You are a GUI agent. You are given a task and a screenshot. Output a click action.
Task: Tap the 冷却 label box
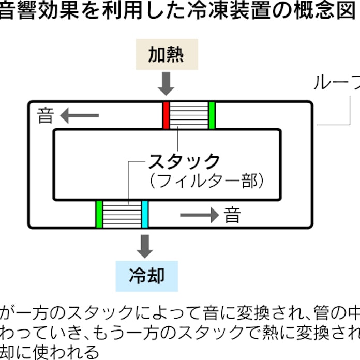point(146,275)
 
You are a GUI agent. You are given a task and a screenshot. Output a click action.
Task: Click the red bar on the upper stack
point(166,115)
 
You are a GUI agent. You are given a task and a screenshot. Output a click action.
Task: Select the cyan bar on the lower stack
point(145,214)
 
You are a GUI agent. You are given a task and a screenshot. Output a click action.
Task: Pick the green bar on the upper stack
point(212,115)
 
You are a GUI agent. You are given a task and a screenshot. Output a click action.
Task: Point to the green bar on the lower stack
point(99,214)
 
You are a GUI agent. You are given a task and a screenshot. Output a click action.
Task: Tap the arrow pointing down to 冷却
point(146,246)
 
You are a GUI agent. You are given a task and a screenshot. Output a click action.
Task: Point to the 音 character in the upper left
point(46,115)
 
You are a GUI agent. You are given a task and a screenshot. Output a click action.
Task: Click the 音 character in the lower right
point(232,215)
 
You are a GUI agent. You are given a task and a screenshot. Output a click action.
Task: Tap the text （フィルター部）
point(205,181)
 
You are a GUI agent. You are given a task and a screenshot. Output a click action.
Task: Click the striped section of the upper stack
point(189,115)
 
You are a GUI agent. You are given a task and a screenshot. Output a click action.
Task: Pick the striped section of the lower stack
point(122,214)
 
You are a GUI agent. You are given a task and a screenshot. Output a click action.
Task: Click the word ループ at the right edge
point(337,83)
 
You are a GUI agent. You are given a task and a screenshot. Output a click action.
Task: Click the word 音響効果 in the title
point(33,10)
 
